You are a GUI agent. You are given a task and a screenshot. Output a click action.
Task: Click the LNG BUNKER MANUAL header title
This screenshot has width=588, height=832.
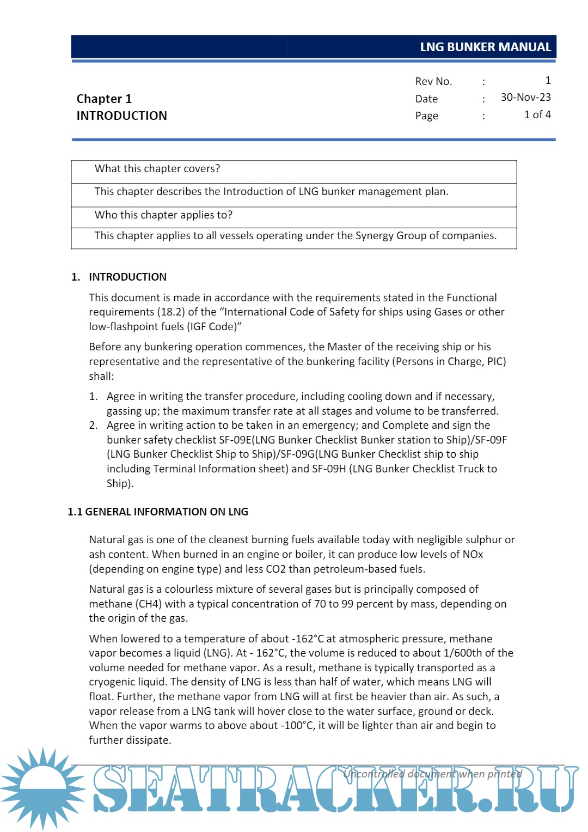pos(485,47)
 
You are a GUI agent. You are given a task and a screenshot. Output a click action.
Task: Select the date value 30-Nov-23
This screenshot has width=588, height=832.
pos(525,98)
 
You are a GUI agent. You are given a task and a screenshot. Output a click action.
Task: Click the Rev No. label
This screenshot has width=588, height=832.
pos(433,82)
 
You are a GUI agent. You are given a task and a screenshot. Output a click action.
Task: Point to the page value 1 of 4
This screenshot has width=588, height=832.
pos(537,115)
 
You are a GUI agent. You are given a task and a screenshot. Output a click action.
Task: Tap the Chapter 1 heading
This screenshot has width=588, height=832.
pos(104,99)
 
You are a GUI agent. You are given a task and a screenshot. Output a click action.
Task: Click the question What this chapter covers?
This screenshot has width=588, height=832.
pos(157,169)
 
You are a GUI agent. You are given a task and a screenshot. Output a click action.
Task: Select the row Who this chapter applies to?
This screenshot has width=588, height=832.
pos(163,215)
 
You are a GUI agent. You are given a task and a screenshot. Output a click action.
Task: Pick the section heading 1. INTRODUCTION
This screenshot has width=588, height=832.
pos(119,277)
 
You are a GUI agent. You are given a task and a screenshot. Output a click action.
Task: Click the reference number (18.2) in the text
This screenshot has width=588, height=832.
pos(172,312)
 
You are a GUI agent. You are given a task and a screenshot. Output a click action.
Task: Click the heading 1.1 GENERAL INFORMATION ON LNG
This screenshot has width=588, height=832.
pos(158,512)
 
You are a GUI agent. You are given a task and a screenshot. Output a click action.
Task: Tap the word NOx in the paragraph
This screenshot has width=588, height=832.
pos(472,555)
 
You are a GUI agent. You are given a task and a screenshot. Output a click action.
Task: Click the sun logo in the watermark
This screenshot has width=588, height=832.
pos(42,788)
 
